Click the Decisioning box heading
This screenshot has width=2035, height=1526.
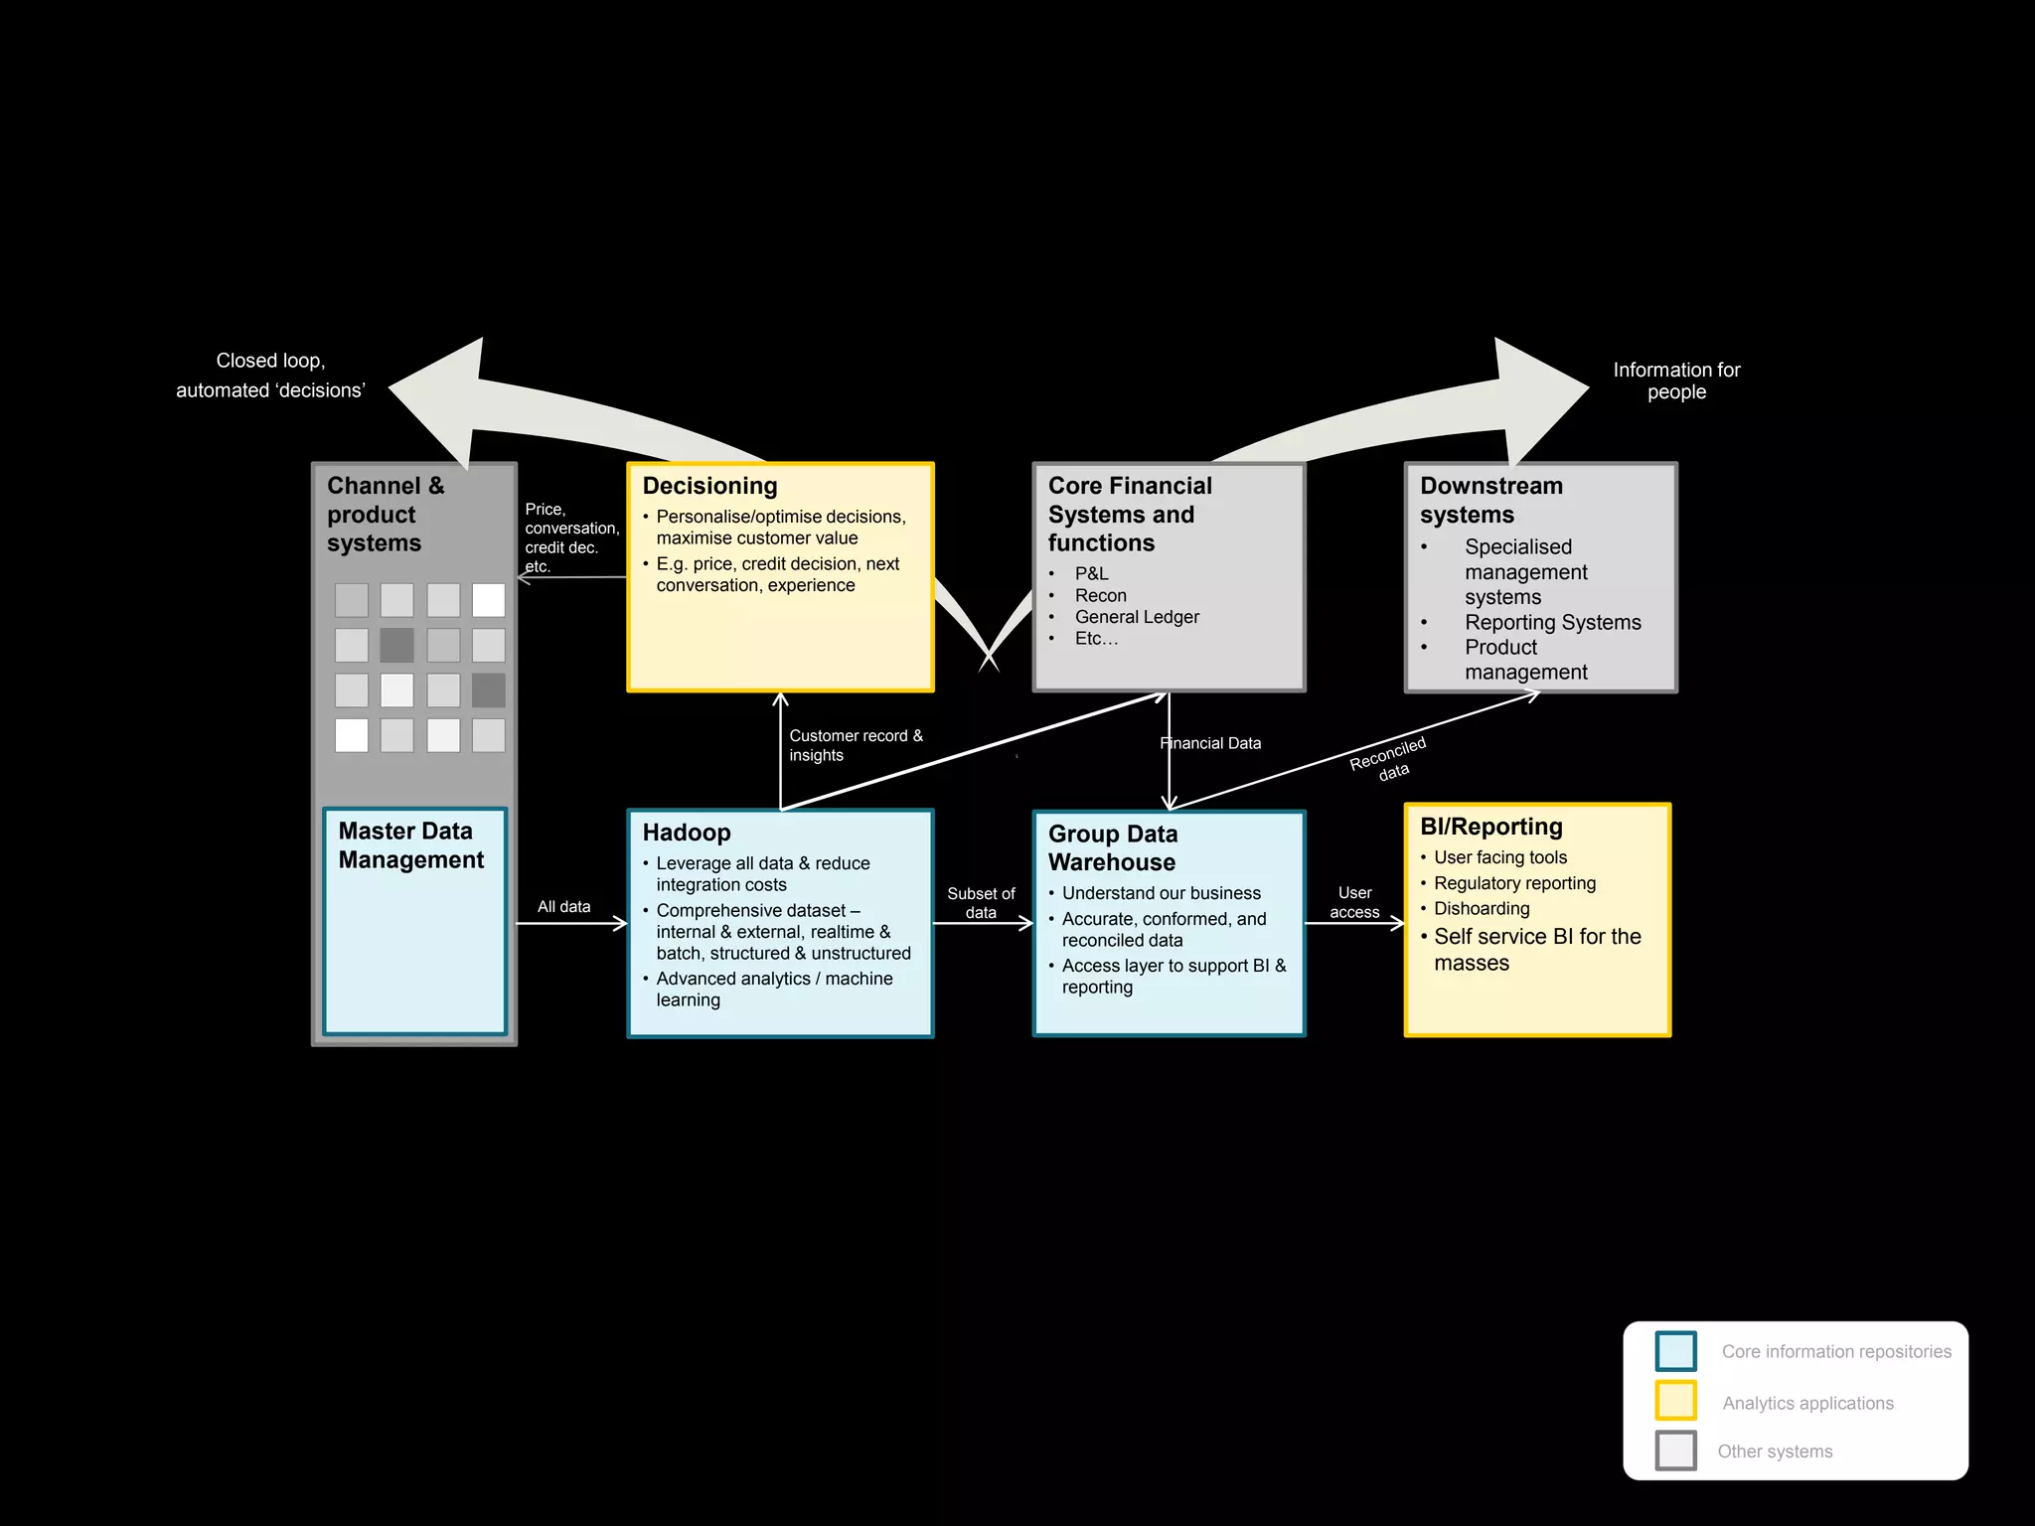point(709,486)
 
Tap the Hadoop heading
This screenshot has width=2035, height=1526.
point(687,833)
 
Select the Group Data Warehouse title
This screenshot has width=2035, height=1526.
point(1113,847)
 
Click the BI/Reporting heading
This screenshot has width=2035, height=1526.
point(1491,827)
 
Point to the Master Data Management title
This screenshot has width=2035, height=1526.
point(410,845)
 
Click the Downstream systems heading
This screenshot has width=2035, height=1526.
point(1490,500)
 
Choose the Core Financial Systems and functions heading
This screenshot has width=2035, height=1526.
point(1130,514)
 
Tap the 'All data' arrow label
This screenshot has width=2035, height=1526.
point(563,907)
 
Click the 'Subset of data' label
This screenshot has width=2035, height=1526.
point(981,903)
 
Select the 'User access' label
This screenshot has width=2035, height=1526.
point(1354,902)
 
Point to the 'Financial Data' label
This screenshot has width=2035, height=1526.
point(1210,743)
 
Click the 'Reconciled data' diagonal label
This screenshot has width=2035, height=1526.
point(1389,759)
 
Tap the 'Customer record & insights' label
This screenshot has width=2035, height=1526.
point(855,745)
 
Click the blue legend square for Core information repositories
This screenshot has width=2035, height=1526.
point(1675,1351)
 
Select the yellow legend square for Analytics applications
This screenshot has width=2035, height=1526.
point(1675,1401)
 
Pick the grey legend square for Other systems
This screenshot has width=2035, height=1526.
point(1675,1450)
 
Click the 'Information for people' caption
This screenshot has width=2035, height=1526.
point(1676,381)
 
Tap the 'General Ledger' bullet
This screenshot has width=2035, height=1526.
point(1137,617)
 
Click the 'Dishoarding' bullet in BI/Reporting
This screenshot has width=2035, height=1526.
point(1482,908)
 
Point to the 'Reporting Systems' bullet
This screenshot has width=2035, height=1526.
point(1552,622)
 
